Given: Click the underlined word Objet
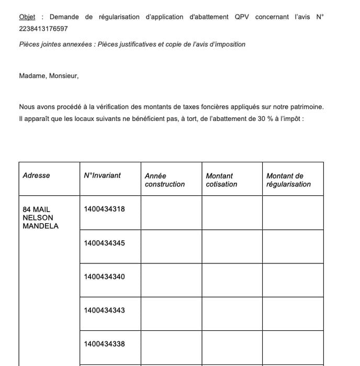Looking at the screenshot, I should point(27,17).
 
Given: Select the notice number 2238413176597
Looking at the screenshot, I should point(43,29).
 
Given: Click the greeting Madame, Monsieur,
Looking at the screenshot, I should point(49,76).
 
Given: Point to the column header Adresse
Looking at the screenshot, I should point(37,175).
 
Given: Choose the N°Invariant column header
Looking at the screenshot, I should point(102,175).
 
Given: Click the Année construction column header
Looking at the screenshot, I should point(165,180).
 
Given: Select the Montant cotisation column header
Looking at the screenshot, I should point(221,180).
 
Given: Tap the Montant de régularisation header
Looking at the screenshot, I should point(288,180).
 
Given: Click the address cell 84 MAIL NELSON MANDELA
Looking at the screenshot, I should point(40,218).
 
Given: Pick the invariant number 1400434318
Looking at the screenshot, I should point(104,209).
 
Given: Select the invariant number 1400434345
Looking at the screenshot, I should point(104,243).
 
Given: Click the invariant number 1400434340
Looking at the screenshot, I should point(104,276).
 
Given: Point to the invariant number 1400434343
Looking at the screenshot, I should point(104,310).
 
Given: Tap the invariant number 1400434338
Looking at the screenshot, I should point(104,344).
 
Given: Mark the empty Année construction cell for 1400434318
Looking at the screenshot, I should point(171,213).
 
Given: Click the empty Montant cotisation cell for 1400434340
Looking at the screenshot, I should point(232,280).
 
